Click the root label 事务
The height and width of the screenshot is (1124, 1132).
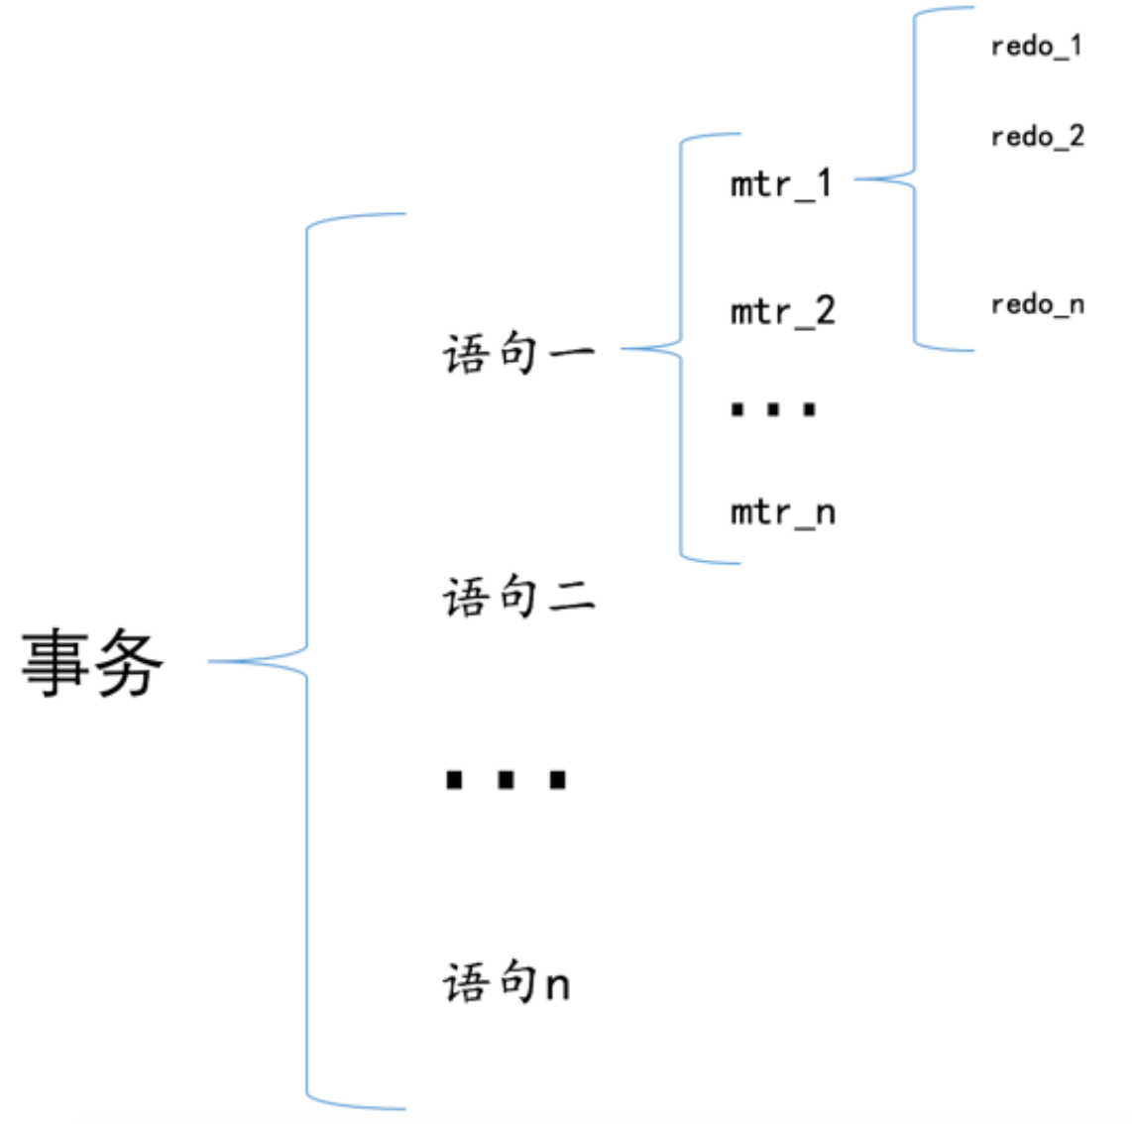pos(92,662)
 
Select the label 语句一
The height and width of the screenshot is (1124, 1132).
pos(519,353)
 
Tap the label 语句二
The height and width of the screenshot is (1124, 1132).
pos(519,597)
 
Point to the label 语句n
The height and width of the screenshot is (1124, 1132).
pos(507,982)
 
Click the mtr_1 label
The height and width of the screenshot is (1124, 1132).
pos(781,183)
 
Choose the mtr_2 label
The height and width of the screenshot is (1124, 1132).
pos(783,312)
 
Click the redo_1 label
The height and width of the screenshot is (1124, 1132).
pos(1037,47)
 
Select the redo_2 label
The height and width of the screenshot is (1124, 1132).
pos(1038,136)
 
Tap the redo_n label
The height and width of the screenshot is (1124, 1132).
pos(1038,304)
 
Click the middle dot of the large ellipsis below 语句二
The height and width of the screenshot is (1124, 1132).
pos(507,780)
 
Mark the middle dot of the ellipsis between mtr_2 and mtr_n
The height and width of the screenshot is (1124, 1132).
pos(773,409)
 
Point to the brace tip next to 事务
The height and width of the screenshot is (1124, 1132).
pos(209,660)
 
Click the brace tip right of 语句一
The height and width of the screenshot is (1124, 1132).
pos(623,349)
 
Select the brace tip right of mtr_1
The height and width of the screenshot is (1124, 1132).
pos(856,179)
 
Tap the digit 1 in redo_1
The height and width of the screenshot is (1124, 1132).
pos(1075,45)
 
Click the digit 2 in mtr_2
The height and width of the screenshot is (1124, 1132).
pos(825,309)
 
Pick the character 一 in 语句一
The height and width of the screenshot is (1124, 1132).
pos(573,353)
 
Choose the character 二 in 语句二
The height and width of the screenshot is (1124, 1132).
pos(573,598)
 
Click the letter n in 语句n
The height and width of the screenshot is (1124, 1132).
pos(558,986)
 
